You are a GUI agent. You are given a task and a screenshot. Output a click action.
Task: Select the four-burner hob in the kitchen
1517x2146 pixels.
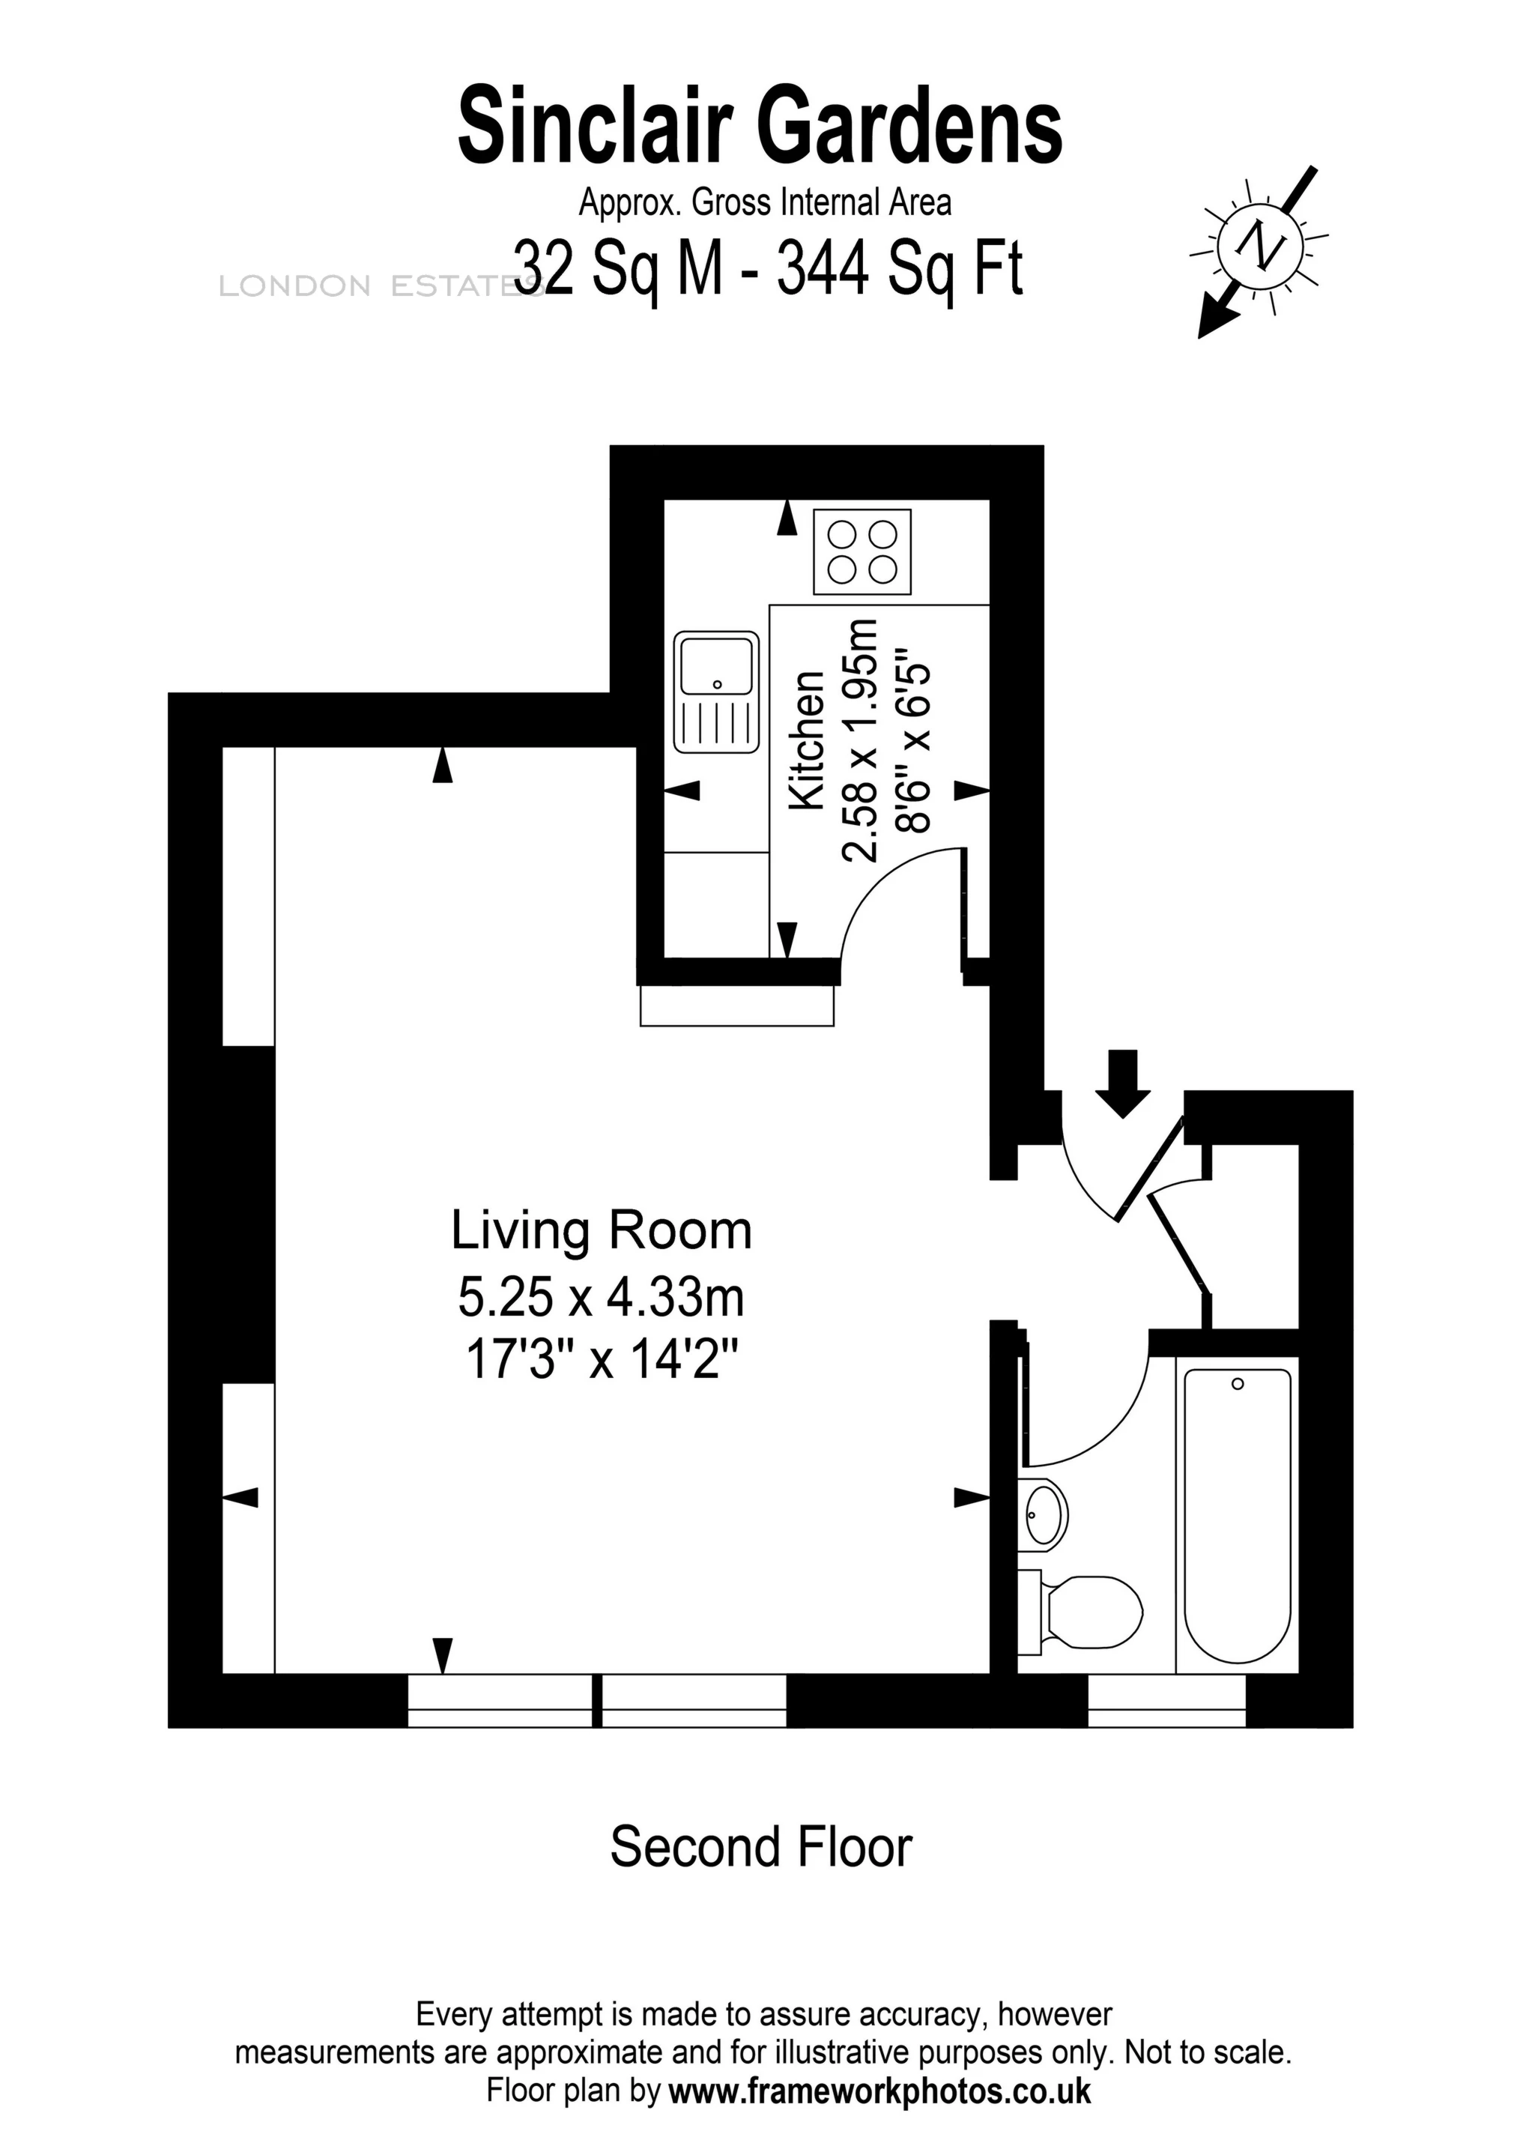862,551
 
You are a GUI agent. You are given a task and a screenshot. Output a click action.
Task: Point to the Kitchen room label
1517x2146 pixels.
808,740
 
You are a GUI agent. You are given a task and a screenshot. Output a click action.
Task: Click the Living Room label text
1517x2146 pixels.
601,1231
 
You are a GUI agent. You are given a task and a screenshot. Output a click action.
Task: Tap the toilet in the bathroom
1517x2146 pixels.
1084,1611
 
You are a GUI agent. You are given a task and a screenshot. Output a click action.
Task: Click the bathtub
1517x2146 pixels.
1237,1514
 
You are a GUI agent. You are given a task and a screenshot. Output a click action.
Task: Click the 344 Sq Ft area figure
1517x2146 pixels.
900,268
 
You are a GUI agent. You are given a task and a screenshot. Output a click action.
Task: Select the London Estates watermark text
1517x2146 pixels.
374,287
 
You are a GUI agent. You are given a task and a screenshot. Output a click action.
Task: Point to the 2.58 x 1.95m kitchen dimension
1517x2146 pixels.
861,740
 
